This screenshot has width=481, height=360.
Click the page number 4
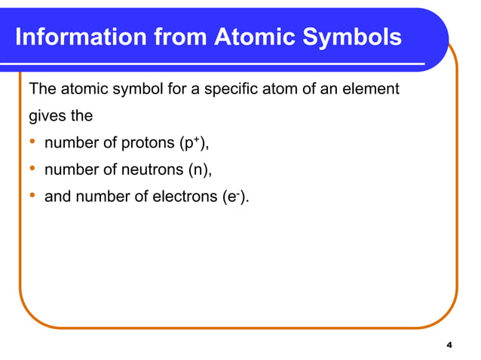point(449,345)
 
